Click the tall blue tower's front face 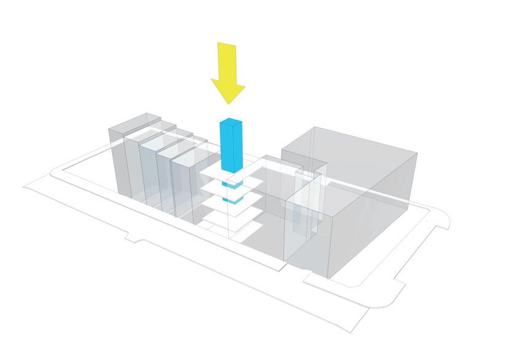(226, 148)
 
